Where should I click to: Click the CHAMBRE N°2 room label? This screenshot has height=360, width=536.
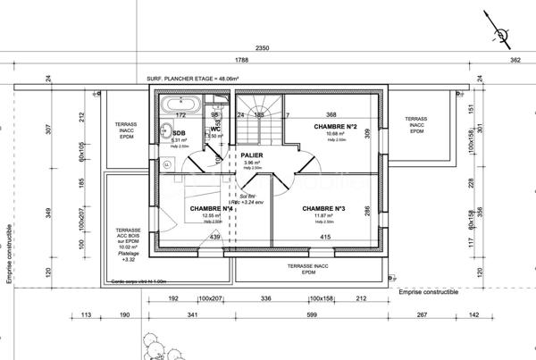(336, 128)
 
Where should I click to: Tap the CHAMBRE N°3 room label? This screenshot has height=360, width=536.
(323, 209)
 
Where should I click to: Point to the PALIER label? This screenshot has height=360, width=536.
(253, 154)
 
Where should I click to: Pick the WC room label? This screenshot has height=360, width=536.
(215, 130)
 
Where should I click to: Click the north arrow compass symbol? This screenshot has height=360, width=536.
(503, 36)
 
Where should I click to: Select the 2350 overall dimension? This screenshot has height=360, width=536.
(262, 47)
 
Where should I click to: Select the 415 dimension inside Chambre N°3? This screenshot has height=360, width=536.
(325, 237)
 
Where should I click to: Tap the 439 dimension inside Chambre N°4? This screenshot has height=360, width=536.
(214, 237)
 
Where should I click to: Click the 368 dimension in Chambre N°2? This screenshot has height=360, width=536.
(331, 114)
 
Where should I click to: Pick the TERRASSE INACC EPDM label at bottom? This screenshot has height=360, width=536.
(308, 269)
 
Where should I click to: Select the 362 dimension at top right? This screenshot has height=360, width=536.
(515, 61)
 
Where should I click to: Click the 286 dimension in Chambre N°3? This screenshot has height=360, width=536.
(366, 210)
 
